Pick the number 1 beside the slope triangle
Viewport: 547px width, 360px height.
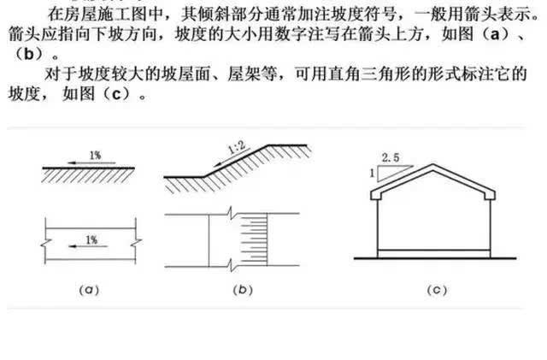pos(370,173)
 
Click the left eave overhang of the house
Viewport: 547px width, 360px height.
pos(373,198)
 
